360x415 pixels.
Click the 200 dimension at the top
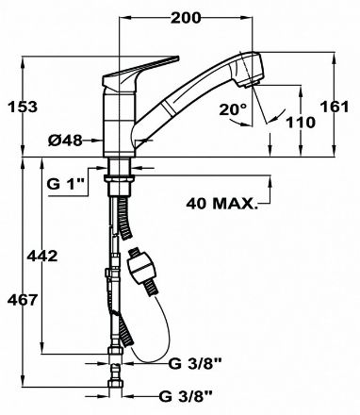[186, 18]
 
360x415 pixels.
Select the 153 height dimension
[23, 107]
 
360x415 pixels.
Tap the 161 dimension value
[335, 107]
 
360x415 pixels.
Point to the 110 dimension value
[301, 123]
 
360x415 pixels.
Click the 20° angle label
[234, 110]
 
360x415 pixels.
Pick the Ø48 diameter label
[65, 141]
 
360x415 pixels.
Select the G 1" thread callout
[67, 184]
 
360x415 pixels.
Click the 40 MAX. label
[221, 204]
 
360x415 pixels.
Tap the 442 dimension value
[42, 257]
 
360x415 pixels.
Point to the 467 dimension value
[23, 300]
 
